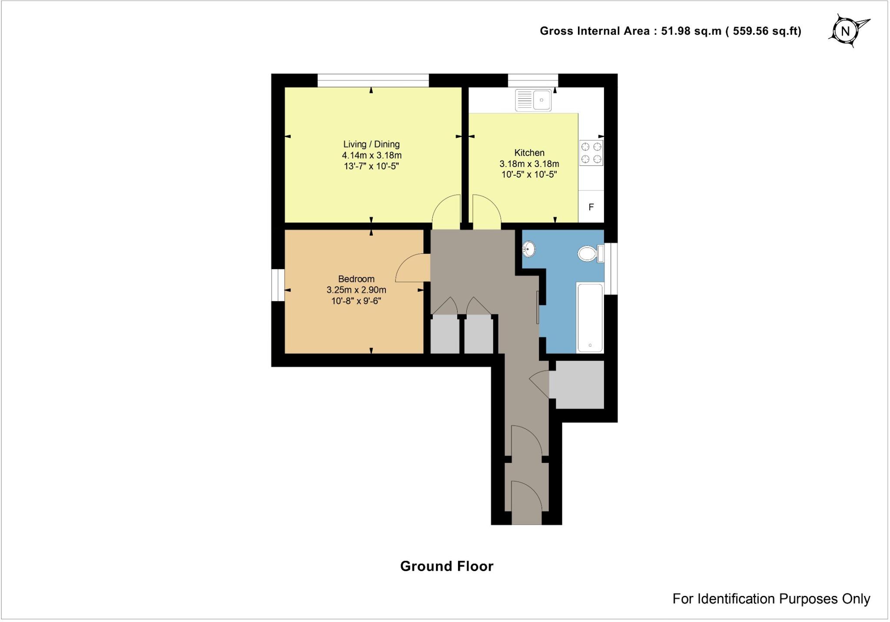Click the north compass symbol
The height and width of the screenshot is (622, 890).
[846, 31]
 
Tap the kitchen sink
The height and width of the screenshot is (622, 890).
[533, 100]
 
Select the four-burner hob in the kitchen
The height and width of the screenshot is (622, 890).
[591, 153]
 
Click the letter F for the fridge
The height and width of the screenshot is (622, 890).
[591, 207]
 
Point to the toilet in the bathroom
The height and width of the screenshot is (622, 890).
[589, 253]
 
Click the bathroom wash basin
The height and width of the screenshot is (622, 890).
[529, 249]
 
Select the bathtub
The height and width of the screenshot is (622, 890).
[590, 318]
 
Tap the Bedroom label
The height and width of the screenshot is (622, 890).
[356, 279]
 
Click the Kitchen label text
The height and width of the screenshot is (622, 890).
[529, 153]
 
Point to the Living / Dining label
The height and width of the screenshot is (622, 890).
[372, 144]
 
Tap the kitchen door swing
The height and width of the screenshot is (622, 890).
[486, 212]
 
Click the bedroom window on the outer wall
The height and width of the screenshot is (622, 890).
[278, 285]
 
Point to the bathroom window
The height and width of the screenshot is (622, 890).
[611, 268]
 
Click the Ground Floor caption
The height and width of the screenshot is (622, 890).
[447, 566]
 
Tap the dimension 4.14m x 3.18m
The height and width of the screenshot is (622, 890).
[372, 155]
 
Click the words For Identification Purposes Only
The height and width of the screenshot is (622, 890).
[771, 599]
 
